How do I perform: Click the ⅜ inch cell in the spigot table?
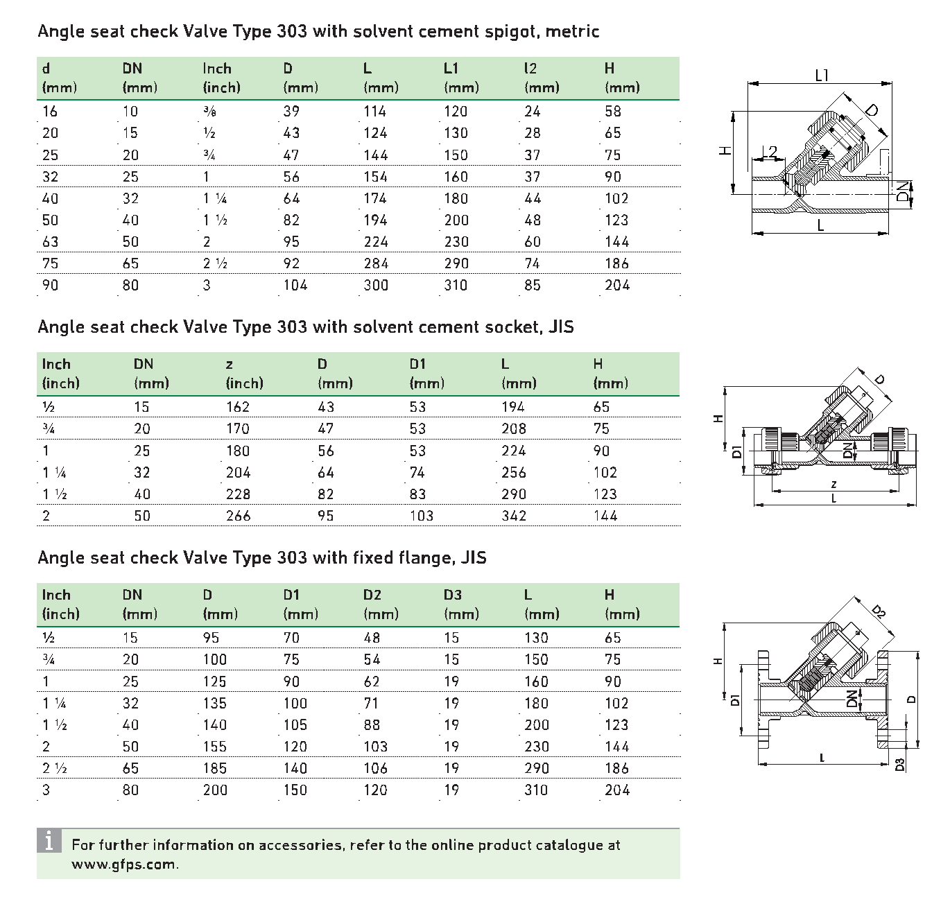coord(209,112)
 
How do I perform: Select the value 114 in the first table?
coord(374,112)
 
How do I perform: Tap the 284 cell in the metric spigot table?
coord(376,263)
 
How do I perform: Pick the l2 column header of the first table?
coord(530,69)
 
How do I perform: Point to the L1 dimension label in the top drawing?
coord(822,76)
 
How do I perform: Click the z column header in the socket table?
coord(230,365)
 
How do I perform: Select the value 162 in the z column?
coord(238,407)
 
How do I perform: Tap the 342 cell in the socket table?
coord(514,516)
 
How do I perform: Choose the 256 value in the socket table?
coord(514,473)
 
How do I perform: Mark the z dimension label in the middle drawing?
coord(834,484)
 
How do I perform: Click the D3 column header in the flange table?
coord(453,595)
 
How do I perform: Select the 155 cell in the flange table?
coord(215,747)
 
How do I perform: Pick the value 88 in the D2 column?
coord(372,725)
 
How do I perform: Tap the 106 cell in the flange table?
coord(375,768)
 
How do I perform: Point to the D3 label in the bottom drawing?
coord(900,765)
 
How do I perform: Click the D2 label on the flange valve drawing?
coord(878,611)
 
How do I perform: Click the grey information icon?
coord(49,841)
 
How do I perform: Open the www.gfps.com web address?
coord(125,864)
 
